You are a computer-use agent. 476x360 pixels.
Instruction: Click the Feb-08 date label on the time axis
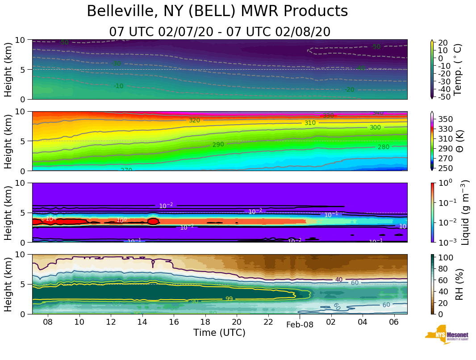(x=300, y=325)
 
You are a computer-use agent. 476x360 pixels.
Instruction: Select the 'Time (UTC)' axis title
(x=219, y=333)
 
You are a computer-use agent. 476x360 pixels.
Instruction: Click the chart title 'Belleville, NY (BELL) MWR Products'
(x=217, y=12)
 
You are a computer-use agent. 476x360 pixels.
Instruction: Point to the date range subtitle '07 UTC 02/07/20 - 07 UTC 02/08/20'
(x=220, y=32)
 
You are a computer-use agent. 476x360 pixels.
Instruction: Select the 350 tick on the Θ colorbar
(x=446, y=119)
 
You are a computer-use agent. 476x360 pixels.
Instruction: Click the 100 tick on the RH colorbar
(x=445, y=258)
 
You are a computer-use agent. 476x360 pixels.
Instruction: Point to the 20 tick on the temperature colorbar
(x=443, y=43)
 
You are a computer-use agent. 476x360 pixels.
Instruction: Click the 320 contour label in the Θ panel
(x=194, y=121)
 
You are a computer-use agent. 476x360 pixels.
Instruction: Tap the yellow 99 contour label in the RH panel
(x=229, y=299)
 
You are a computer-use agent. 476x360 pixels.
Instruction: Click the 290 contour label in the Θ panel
(x=218, y=145)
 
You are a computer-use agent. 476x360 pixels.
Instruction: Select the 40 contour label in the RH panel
(x=339, y=280)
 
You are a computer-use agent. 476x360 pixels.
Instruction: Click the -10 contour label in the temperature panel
(x=118, y=86)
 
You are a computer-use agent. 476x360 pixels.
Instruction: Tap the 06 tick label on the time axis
(x=394, y=322)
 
